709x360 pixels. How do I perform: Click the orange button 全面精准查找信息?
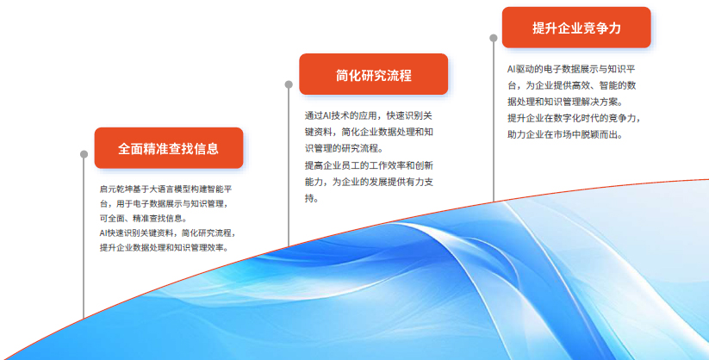pyautogui.click(x=169, y=148)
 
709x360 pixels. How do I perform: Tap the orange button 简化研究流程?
pyautogui.click(x=374, y=74)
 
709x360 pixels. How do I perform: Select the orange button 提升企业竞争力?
pyautogui.click(x=576, y=28)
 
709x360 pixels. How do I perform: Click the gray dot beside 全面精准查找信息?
pyautogui.click(x=84, y=154)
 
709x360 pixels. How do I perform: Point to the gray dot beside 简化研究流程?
pyautogui.click(x=289, y=84)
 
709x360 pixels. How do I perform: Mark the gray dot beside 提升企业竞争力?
pyautogui.click(x=494, y=38)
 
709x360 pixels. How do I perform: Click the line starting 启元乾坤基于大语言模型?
pyautogui.click(x=166, y=189)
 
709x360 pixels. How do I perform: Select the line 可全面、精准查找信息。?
pyautogui.click(x=143, y=219)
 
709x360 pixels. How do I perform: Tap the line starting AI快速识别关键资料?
pyautogui.click(x=168, y=233)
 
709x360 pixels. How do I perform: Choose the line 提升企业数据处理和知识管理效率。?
pyautogui.click(x=165, y=248)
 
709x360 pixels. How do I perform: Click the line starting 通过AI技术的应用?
pyautogui.click(x=369, y=115)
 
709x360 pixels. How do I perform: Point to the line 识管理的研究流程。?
pyautogui.click(x=344, y=148)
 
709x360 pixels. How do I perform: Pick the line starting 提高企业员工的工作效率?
pyautogui.click(x=369, y=165)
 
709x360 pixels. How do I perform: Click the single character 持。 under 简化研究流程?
pyautogui.click(x=312, y=199)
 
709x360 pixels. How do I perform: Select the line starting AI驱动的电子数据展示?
pyautogui.click(x=571, y=69)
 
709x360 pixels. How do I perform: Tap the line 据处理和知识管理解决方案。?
pyautogui.click(x=565, y=102)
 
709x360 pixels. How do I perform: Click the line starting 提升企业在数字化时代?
pyautogui.click(x=575, y=119)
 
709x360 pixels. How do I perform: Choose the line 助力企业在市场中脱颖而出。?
pyautogui.click(x=565, y=134)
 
